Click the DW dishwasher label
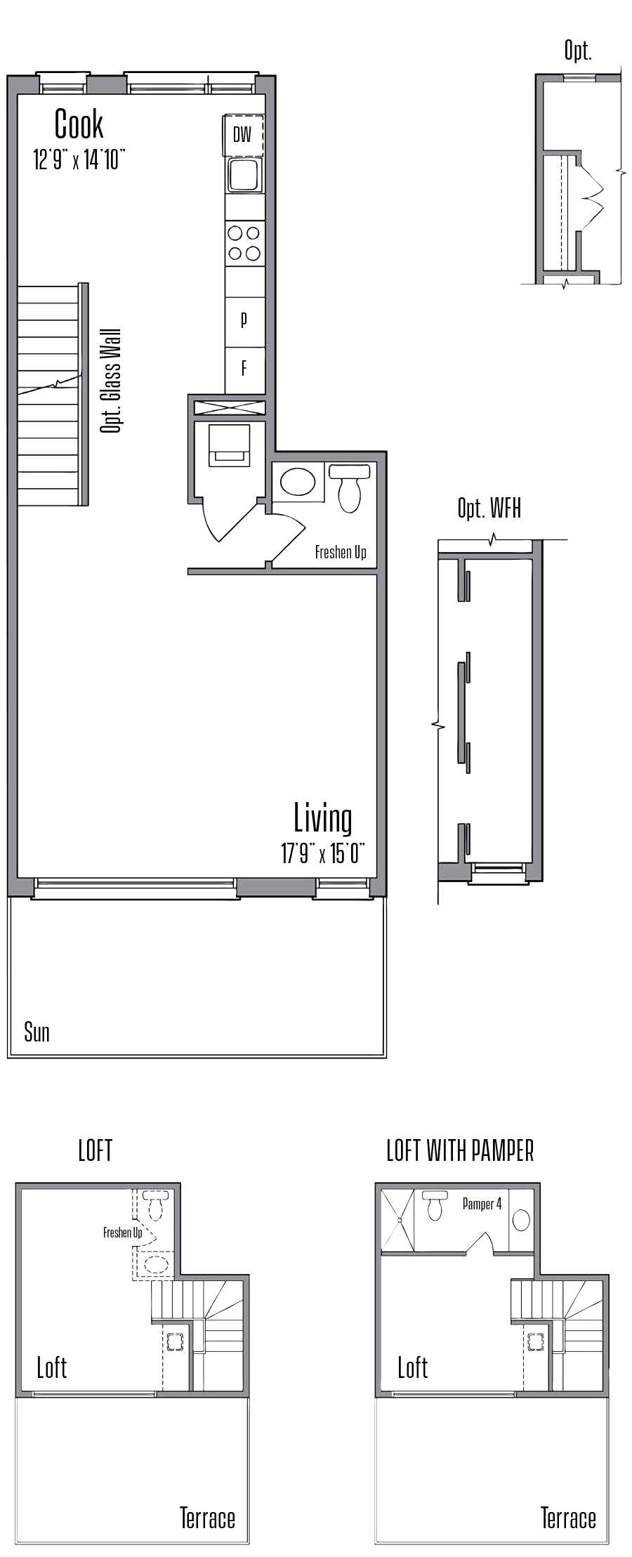[x=242, y=134]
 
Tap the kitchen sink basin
[x=244, y=174]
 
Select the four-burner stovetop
[x=244, y=242]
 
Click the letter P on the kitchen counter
[x=244, y=320]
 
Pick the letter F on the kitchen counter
[x=244, y=367]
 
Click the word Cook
[x=79, y=124]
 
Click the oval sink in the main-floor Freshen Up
[x=298, y=482]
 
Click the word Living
[x=323, y=818]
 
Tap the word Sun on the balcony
[x=37, y=1032]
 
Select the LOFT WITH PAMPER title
[x=460, y=1151]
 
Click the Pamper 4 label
[x=482, y=1204]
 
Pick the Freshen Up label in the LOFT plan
[x=122, y=1232]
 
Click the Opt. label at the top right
[x=578, y=51]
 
